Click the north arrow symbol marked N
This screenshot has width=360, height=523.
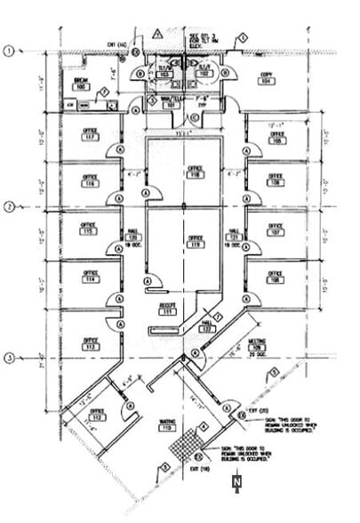click(236, 483)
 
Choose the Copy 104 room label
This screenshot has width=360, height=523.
click(265, 77)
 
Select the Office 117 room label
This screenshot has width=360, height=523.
click(90, 136)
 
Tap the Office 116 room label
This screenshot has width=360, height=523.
click(90, 181)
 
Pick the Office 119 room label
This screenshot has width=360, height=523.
click(195, 241)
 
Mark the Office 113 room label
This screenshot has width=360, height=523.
click(90, 343)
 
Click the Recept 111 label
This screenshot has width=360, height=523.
click(165, 309)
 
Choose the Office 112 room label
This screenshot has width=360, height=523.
click(96, 414)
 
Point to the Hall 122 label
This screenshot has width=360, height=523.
click(207, 326)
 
